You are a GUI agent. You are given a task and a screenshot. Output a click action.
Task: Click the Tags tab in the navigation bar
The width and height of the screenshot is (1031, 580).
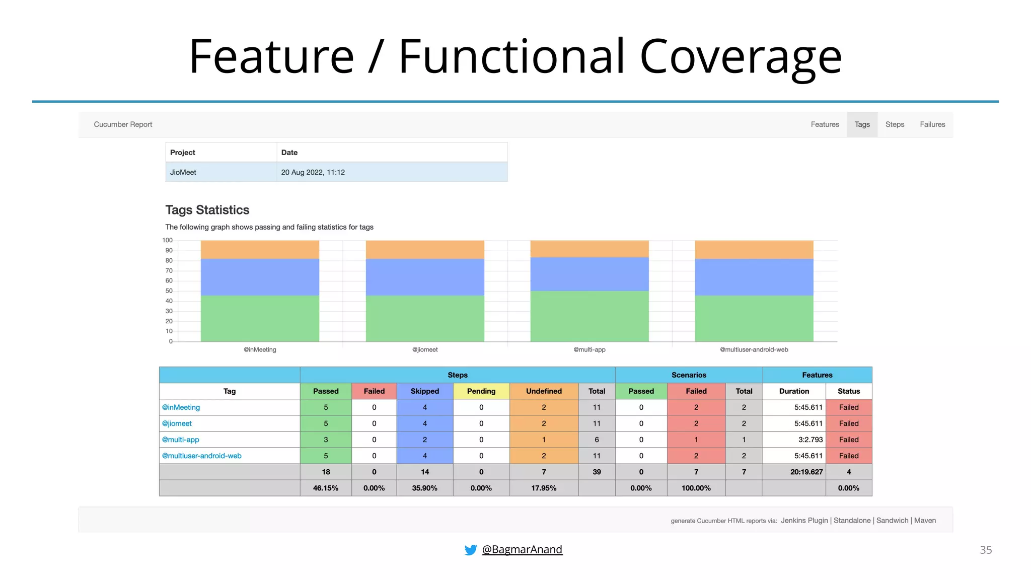point(862,124)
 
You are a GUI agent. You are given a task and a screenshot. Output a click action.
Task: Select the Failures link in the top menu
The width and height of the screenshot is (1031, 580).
point(932,124)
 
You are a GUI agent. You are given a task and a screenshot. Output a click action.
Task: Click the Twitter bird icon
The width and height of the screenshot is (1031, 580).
point(471,550)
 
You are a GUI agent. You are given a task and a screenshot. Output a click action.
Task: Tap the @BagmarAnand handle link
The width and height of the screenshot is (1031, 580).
point(522,549)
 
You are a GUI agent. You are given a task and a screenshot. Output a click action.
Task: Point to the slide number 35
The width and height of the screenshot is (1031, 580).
point(985,550)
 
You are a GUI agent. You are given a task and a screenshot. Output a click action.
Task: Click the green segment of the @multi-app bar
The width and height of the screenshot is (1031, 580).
point(589,316)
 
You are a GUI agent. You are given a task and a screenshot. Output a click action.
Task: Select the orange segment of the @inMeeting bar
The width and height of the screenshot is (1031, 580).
point(260,250)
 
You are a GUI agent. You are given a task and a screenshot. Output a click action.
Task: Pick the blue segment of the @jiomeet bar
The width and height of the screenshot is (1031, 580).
point(425,277)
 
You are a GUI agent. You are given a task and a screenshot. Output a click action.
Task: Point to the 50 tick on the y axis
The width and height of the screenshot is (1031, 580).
point(169,291)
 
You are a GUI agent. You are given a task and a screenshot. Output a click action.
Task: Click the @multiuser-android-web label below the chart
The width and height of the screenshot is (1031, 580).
point(754,349)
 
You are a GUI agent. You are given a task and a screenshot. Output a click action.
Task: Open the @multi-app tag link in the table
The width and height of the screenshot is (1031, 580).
point(180,440)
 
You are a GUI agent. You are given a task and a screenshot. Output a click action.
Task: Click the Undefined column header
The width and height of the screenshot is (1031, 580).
point(544,391)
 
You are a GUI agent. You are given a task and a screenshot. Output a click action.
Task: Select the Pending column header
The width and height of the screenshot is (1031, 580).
point(481,391)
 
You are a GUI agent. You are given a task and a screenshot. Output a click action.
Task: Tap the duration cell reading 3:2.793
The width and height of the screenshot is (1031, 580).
point(810,440)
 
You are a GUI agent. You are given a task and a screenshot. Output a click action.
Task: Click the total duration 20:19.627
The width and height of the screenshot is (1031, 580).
point(806,472)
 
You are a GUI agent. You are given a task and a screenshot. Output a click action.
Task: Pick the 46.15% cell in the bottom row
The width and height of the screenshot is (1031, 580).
point(326,488)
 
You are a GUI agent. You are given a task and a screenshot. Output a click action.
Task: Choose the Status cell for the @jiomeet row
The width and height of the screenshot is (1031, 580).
point(848,423)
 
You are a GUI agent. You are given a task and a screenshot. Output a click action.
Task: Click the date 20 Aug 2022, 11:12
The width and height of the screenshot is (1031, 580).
point(313,172)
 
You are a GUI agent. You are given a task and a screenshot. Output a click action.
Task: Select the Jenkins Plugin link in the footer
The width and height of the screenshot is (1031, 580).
point(804,521)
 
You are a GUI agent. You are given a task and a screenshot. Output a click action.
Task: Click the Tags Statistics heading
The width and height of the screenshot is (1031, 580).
point(207,210)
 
